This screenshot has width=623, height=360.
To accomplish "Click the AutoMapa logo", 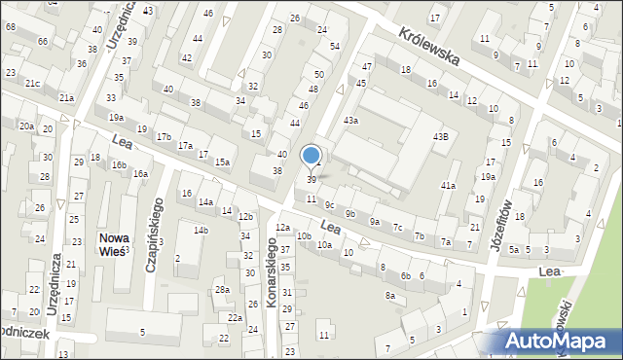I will coord(562,341).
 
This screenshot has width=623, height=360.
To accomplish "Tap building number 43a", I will coord(349,120).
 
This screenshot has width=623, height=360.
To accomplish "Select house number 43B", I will coord(440,136).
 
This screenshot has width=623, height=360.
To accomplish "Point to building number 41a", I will coord(448,185).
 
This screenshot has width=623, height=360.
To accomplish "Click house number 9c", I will coord(330,204).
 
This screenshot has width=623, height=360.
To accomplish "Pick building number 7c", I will coord(397,228).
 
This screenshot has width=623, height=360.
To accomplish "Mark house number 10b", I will coord(304,235).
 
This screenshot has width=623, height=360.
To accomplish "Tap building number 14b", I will coord(201,230).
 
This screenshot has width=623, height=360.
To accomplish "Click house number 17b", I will coord(164,136).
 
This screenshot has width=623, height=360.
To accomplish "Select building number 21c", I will coord(33,84).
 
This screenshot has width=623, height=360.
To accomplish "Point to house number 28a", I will coord(222,290).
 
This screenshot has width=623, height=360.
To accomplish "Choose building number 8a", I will coord(389,295).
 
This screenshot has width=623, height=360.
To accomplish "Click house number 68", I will coord(11,26).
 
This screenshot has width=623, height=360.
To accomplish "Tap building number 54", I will coord(334,47).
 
